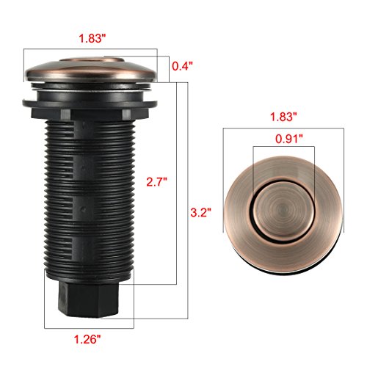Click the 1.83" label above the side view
coord(92,38)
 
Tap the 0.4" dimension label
coord(182,66)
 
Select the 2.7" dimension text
coord(156,182)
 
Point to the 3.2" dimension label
coord(200,212)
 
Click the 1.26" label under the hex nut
coord(87,339)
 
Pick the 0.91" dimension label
coord(289,139)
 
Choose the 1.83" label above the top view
coord(283,117)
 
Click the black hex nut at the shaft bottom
coord(89,299)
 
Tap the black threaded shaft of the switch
coord(90,200)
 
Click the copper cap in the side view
coord(91,70)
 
